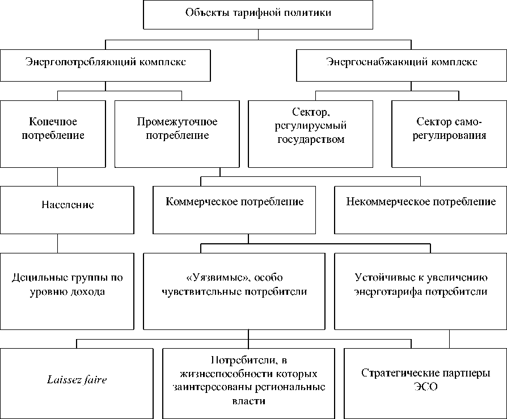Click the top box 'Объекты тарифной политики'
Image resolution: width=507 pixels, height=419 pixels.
258,14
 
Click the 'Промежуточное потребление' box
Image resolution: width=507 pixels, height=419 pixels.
176,134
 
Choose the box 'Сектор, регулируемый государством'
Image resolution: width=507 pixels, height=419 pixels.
311,134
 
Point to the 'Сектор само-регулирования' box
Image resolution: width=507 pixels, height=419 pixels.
449,134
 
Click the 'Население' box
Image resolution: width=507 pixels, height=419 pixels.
67,210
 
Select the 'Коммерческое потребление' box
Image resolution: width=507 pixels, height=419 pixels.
234,210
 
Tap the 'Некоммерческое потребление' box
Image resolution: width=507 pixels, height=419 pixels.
420,210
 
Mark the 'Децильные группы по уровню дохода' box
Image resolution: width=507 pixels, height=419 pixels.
67,291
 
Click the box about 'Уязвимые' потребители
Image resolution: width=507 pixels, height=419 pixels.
234,291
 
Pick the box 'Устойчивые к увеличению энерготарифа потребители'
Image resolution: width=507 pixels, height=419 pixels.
420,291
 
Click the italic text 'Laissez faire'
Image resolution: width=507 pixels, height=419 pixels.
77,380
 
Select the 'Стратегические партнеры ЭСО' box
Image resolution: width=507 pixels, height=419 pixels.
425,379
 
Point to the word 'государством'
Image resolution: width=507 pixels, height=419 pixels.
311,141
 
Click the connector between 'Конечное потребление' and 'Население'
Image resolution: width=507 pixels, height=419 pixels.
57,177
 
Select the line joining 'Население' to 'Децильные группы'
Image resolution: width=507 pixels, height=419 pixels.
57,243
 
